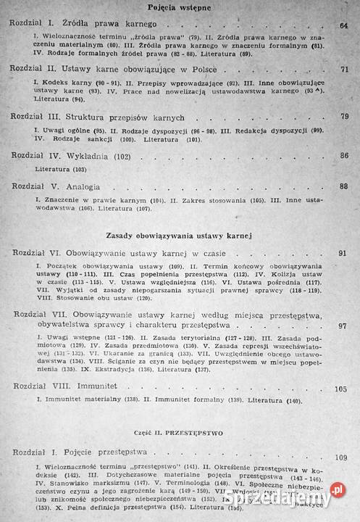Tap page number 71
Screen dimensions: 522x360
pos(345,70)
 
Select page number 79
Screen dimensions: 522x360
pos(345,117)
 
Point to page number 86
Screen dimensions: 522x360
pos(344,155)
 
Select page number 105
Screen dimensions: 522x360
pos(341,388)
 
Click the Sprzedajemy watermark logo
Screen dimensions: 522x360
pos(285,498)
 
